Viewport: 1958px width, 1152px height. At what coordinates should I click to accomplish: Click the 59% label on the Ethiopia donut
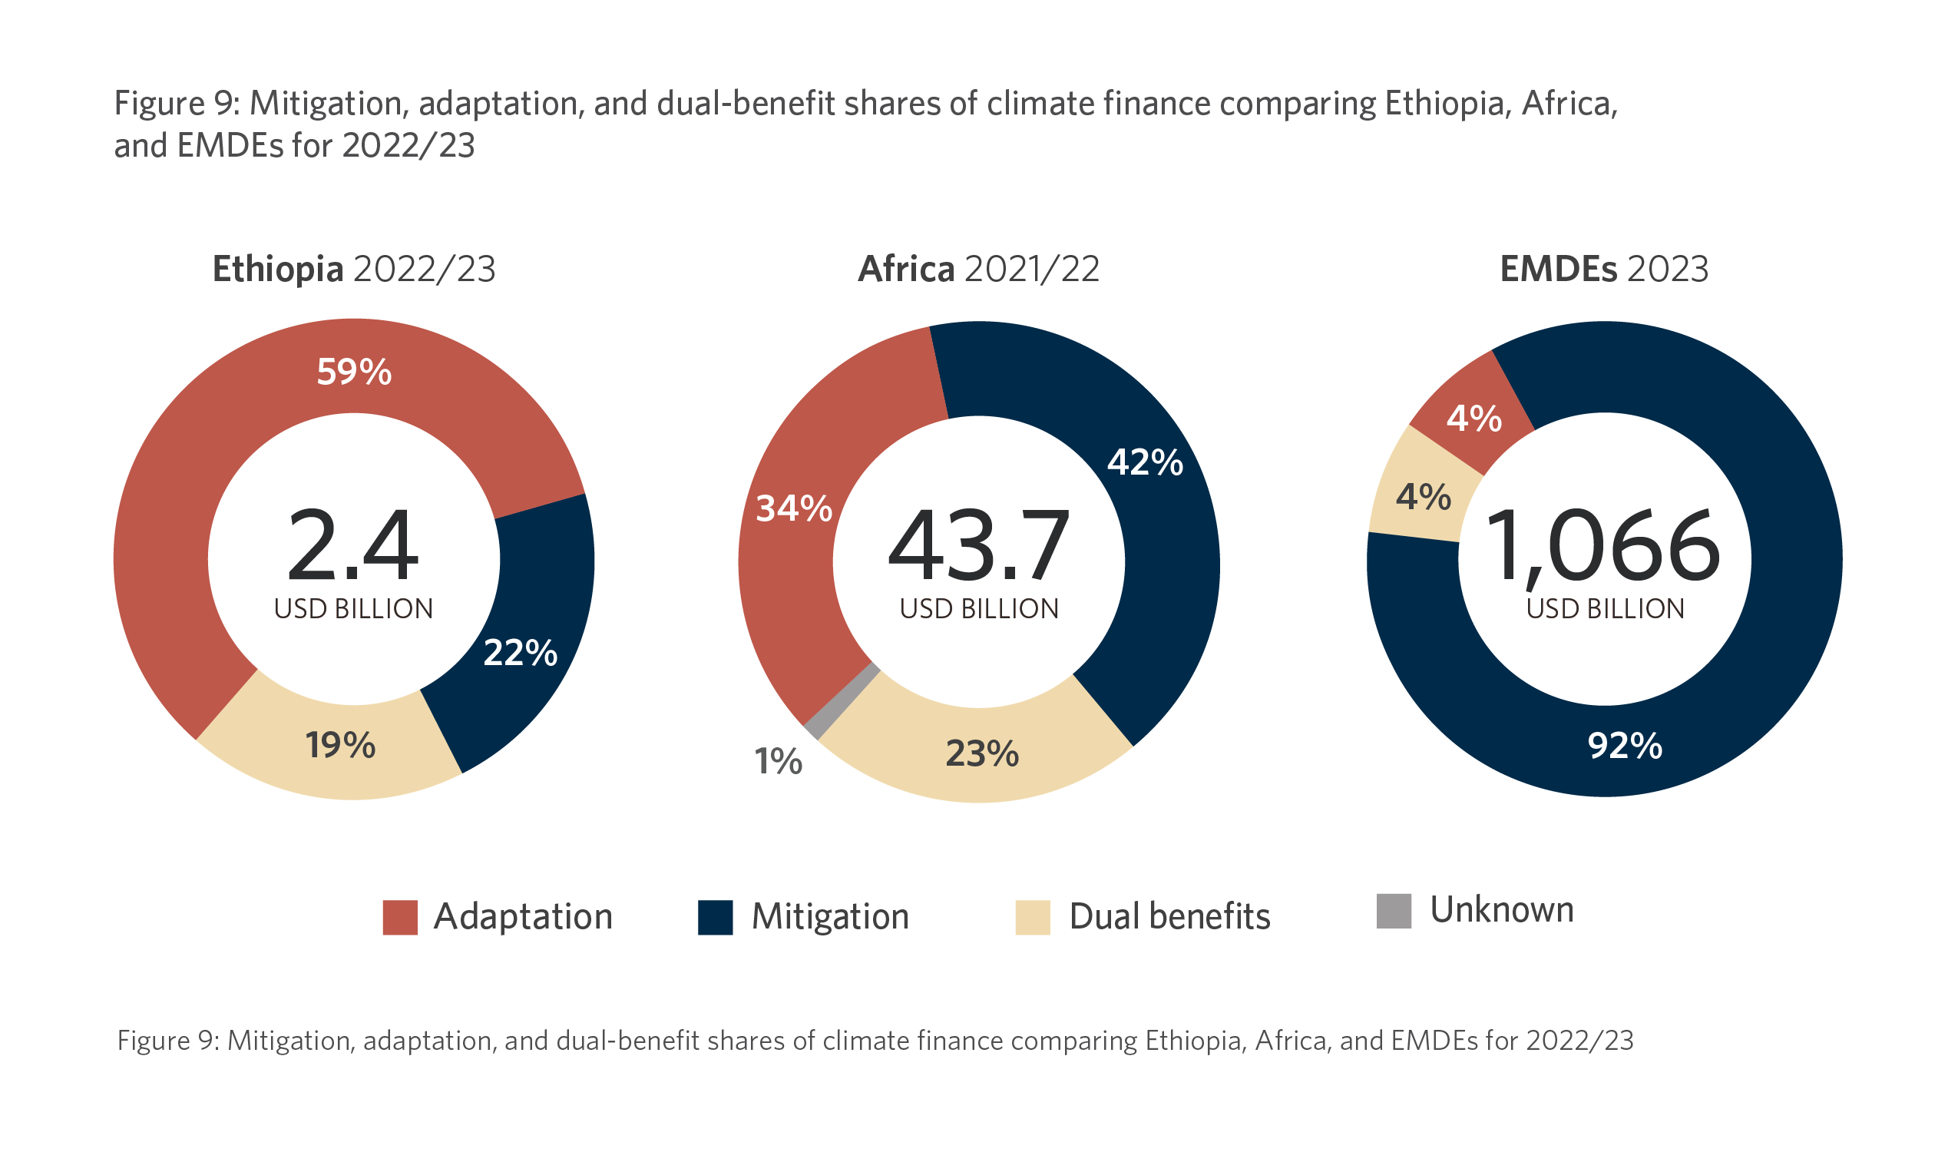[353, 372]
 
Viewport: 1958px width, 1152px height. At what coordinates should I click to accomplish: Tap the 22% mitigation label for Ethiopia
[520, 653]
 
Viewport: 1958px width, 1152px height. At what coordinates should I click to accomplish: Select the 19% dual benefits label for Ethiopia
[340, 746]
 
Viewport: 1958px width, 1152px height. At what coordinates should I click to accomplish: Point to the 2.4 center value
[352, 546]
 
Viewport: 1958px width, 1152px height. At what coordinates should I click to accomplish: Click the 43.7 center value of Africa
[978, 546]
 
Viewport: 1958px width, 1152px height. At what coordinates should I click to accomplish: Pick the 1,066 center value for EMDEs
[1603, 546]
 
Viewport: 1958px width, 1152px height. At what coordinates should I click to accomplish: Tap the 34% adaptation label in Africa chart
[793, 509]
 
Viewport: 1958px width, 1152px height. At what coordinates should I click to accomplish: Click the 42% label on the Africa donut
[1145, 462]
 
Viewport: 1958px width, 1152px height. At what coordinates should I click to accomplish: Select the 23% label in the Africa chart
[982, 754]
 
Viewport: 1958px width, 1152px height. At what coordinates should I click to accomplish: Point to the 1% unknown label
[778, 762]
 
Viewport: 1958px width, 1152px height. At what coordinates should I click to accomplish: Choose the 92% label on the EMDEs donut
[1625, 746]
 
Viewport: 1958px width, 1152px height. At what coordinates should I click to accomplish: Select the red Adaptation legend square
[400, 917]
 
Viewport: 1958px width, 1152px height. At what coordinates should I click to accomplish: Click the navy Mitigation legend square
[715, 917]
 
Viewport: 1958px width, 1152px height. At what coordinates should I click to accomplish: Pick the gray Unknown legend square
[1393, 911]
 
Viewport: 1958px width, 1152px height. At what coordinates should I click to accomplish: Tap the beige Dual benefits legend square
[1033, 917]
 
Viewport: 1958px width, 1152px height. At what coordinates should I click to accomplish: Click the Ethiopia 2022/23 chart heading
[353, 270]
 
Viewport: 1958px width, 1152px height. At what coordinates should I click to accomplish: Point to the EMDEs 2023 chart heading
[1604, 270]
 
